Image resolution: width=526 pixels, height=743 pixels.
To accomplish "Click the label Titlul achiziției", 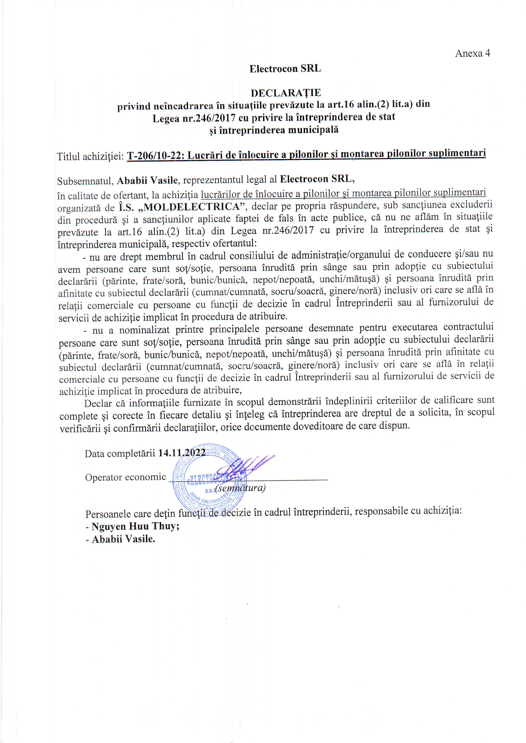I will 90,157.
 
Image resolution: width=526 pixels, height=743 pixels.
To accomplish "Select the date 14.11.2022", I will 182,452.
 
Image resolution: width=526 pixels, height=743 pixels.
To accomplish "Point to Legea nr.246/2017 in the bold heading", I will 194,118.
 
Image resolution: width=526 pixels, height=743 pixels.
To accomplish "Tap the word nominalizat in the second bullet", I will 144,330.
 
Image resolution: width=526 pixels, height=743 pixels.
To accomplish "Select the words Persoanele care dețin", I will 131,514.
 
